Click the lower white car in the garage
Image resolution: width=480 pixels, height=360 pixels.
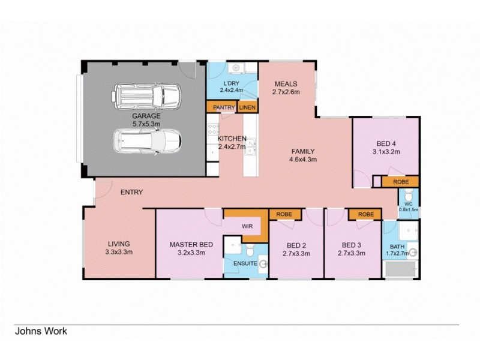coord(147,142)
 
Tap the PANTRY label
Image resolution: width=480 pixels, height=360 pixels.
coord(221,107)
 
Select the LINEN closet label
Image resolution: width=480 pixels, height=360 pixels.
coord(247,107)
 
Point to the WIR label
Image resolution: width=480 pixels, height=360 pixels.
coord(246,226)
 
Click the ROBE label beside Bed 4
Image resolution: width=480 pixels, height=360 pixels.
coord(400,181)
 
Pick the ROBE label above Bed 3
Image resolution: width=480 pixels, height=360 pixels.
coord(365,214)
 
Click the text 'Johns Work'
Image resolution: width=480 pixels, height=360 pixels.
coord(41,331)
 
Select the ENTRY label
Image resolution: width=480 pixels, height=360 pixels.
coord(131,193)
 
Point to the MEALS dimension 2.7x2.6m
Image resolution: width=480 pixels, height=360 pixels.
coord(286,92)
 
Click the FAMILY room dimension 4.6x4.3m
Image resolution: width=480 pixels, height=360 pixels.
coord(304,160)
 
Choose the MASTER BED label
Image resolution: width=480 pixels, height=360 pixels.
coord(191,244)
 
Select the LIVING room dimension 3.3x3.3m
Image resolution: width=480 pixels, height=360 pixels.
coord(119,252)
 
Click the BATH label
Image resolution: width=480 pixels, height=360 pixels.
coord(397,247)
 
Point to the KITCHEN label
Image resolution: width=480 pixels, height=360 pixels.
coord(232,138)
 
